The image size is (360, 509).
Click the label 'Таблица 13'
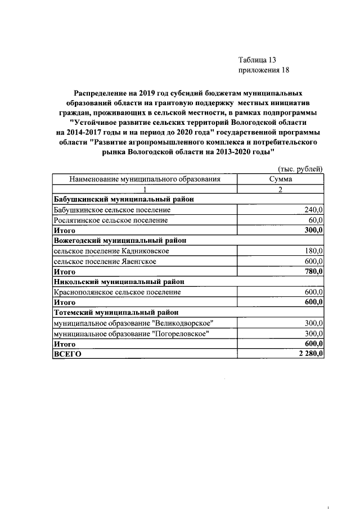pos(257,60)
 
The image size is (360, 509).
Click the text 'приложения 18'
pos(263,70)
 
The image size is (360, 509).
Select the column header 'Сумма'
pos(280,179)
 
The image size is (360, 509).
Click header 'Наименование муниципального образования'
pos(144,179)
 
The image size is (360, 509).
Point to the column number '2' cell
pos(280,189)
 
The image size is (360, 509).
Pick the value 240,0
pos(312,210)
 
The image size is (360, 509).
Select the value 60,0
pos(314,220)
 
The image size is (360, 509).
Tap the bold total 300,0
pos(312,230)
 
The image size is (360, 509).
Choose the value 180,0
pos(312,251)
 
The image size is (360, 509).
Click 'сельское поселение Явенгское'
pos(105,261)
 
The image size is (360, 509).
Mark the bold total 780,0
pos(312,271)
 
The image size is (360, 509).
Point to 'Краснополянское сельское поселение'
pos(117,292)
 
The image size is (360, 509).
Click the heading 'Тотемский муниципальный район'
pos(115,312)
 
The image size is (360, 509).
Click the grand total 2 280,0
pos(308,354)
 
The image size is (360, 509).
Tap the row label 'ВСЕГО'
pos(67,354)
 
